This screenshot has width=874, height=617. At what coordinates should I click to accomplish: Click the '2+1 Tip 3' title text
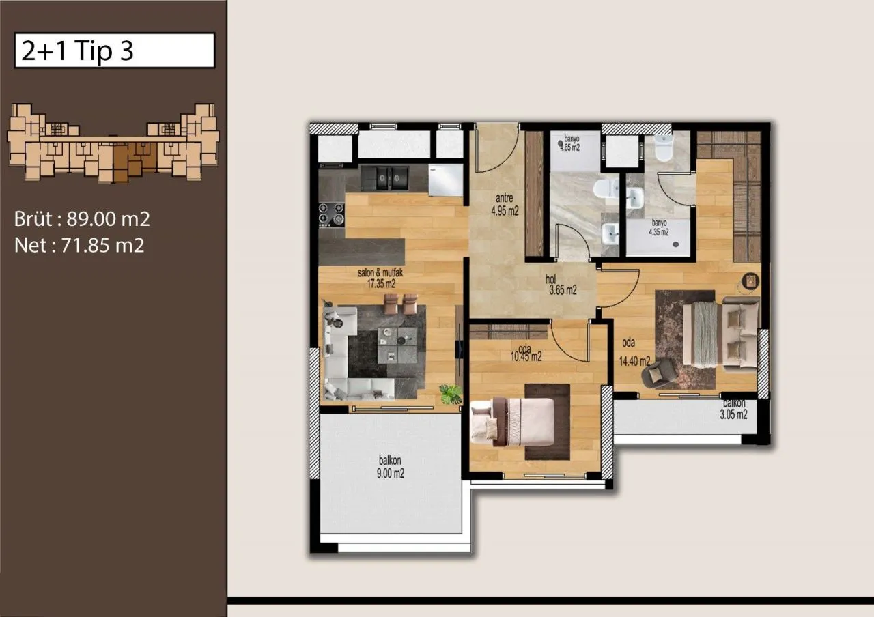77,51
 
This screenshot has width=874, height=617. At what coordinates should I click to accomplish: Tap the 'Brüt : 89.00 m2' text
82,219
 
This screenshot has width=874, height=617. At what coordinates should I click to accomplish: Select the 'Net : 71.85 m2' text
79,245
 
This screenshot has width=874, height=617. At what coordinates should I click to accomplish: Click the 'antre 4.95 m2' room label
505,205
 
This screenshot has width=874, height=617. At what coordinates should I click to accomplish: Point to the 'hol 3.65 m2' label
562,285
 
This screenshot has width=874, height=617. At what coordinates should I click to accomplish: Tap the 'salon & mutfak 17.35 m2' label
380,278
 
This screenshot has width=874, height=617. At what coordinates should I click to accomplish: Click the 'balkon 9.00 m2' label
390,467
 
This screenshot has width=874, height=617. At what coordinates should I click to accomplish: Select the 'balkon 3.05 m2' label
733,409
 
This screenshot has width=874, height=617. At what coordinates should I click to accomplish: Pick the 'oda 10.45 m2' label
526,354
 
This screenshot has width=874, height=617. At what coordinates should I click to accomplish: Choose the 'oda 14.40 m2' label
634,352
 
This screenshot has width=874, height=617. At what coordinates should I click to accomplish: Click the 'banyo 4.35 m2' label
659,227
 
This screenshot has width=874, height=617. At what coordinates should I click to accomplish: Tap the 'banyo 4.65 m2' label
570,143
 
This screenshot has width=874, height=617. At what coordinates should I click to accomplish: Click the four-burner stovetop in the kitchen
332,214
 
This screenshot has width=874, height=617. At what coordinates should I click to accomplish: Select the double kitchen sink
384,178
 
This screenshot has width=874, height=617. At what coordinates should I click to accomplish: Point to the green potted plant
451,394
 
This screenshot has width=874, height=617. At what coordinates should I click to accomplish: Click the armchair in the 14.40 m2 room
659,373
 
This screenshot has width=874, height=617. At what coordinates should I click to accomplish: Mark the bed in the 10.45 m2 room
513,422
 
